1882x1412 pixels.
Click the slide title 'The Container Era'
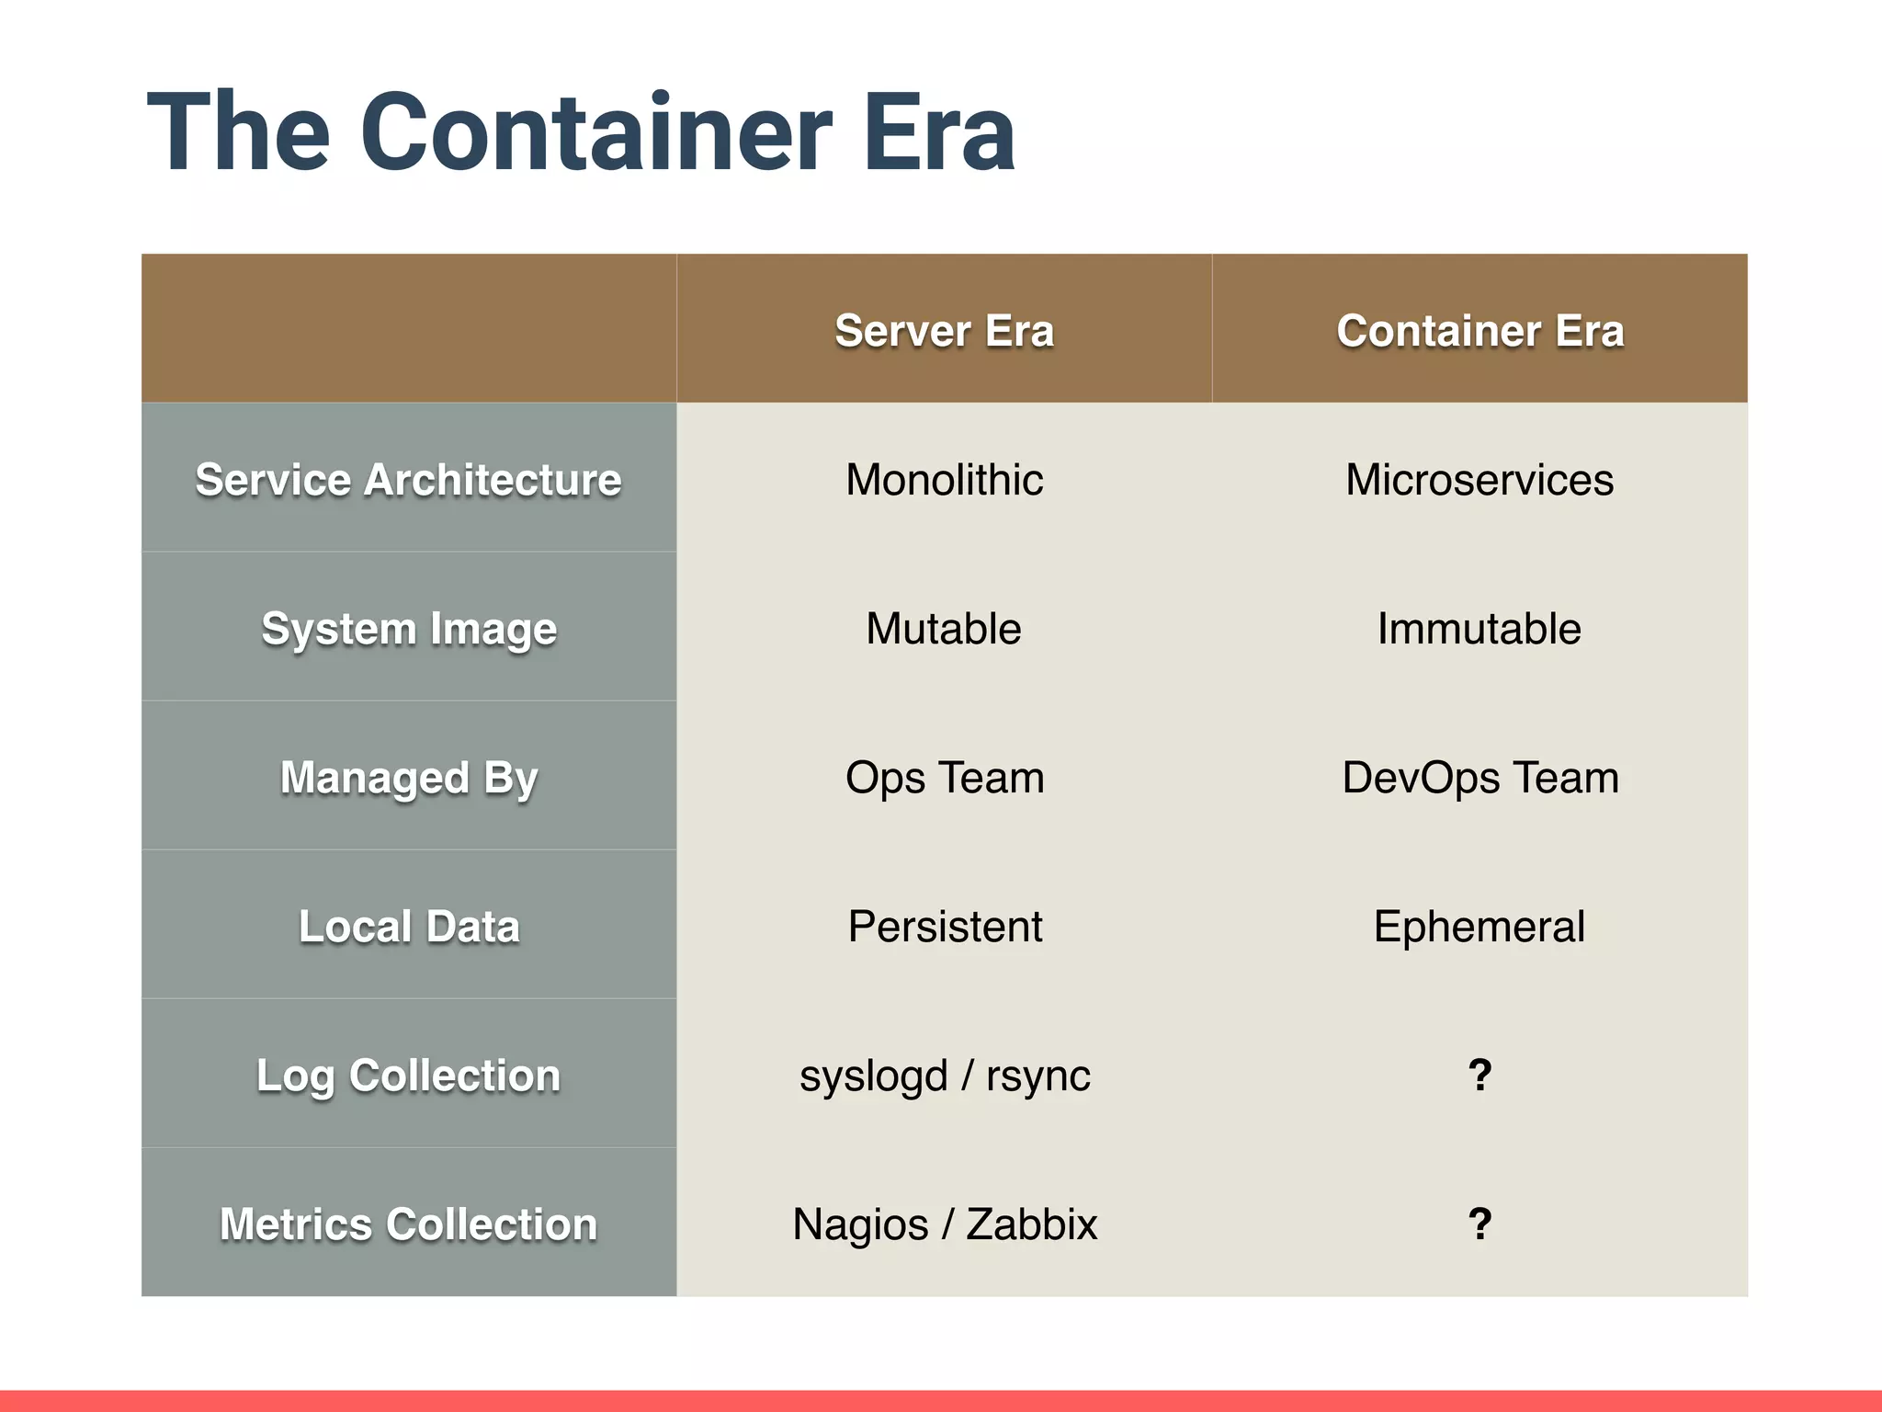coord(581,132)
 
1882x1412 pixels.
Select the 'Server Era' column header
coord(944,331)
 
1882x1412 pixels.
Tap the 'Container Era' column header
coord(1480,331)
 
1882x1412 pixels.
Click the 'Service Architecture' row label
coord(408,480)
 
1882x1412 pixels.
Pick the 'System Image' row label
coord(409,630)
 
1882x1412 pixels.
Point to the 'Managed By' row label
coord(409,779)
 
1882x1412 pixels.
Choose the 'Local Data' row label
coord(409,927)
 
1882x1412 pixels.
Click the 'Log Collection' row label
coord(408,1076)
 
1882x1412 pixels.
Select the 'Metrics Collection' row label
coord(408,1224)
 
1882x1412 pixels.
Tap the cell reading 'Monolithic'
coord(944,480)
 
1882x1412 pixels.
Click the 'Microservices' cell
coord(1480,480)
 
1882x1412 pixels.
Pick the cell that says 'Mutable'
coord(944,629)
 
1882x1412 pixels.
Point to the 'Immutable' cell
coord(1480,629)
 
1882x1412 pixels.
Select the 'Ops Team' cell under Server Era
coord(944,778)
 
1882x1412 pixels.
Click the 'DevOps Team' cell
coord(1480,778)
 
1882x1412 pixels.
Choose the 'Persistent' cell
coord(944,927)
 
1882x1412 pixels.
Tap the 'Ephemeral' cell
coord(1480,927)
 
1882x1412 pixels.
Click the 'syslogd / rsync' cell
coord(944,1076)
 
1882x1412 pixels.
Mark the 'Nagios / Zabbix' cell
coord(944,1224)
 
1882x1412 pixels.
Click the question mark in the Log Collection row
coord(1480,1075)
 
